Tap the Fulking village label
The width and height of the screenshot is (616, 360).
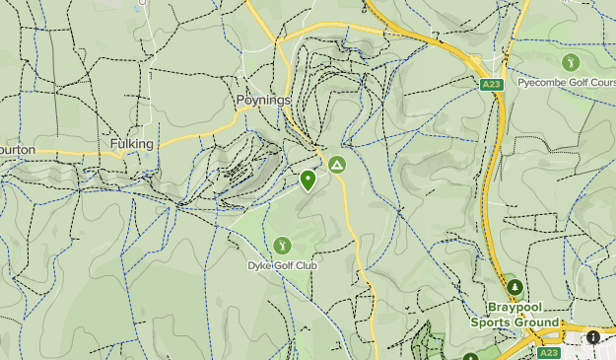click(132, 144)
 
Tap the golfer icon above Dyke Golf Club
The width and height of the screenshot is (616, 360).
click(282, 244)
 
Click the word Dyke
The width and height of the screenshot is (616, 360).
click(258, 264)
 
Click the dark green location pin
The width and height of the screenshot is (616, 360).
click(308, 180)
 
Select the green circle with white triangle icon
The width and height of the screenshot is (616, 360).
click(338, 165)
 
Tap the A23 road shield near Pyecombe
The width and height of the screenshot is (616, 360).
click(493, 86)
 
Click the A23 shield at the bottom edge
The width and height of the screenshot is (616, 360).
click(547, 352)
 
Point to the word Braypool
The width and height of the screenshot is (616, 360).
click(515, 308)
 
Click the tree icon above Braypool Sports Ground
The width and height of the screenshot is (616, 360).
click(513, 287)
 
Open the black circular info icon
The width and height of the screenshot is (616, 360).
click(594, 337)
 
